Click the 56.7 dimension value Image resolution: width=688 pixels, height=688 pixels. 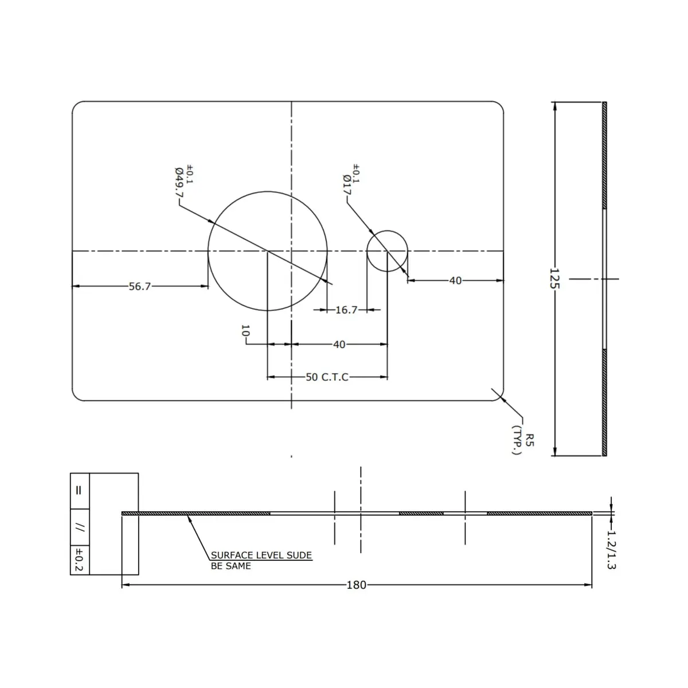pos(139,286)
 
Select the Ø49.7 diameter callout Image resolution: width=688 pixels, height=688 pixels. pos(179,182)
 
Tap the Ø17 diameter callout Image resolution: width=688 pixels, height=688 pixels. pos(347,185)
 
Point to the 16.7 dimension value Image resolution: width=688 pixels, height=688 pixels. pos(346,310)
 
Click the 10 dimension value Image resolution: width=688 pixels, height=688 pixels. pos(245,331)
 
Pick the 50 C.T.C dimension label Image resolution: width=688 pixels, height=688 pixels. pos(327,377)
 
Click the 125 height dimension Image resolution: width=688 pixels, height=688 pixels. pos(554,279)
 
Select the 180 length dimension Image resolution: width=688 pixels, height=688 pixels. pos(356,585)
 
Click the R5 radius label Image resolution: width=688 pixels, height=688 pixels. pos(530,440)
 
